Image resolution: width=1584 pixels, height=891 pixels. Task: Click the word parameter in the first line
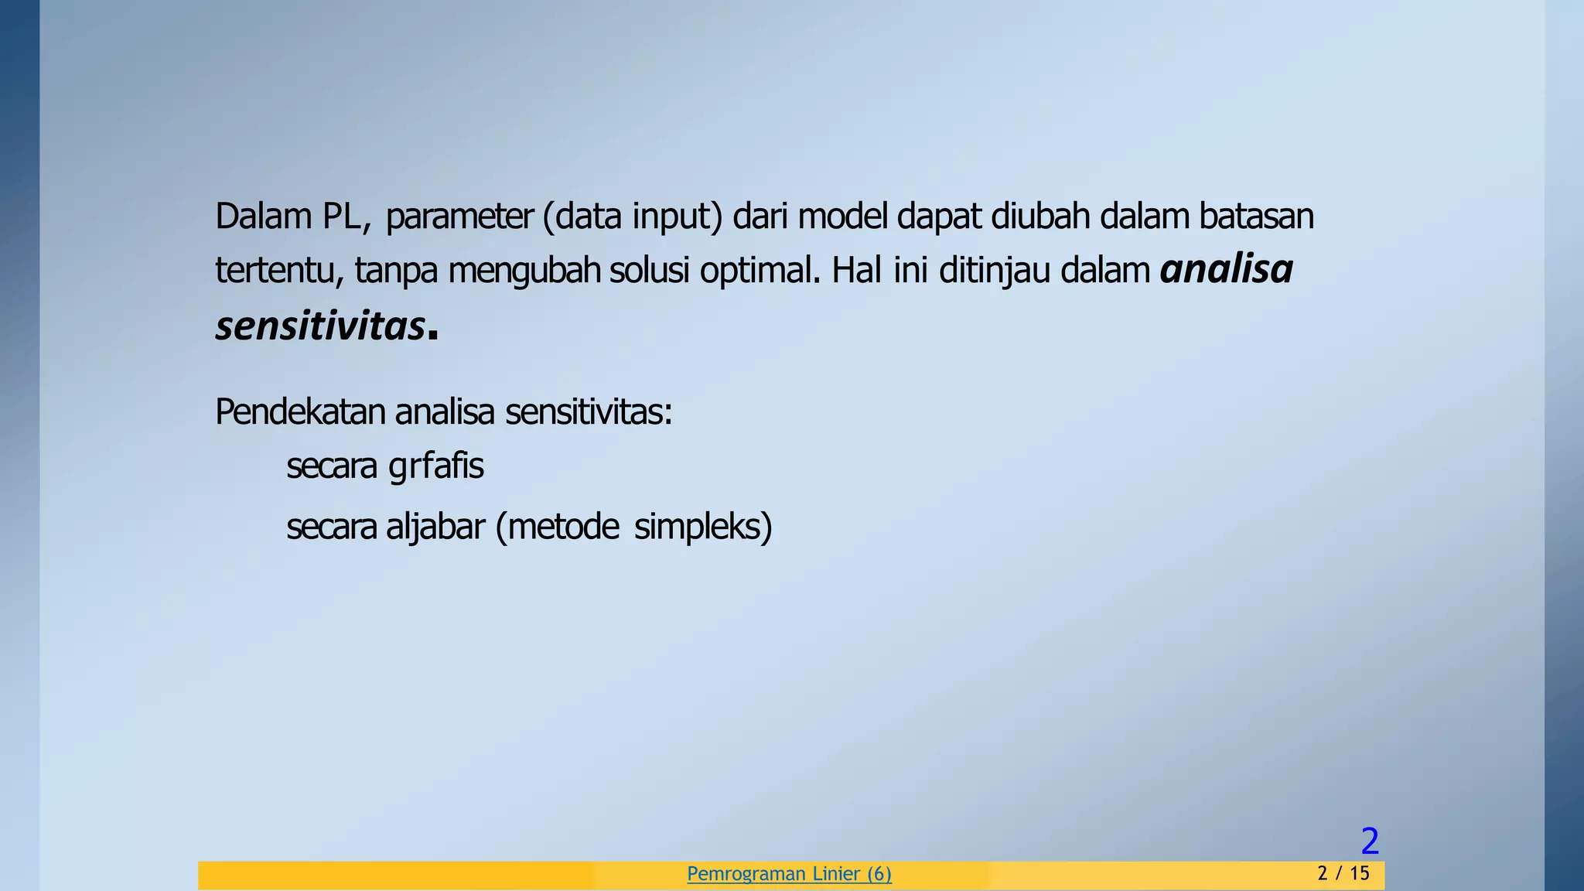[459, 217]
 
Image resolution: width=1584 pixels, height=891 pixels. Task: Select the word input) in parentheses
[677, 217]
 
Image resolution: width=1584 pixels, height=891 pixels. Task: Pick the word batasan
[1256, 217]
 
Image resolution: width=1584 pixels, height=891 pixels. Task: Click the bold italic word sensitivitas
[320, 326]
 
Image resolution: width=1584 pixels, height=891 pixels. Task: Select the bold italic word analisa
[1227, 270]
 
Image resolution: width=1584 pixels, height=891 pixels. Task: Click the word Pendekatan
[300, 412]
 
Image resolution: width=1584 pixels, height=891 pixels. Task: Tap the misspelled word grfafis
[436, 466]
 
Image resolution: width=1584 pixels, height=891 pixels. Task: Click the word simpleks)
[703, 527]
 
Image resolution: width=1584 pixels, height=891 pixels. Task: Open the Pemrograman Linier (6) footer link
[789, 874]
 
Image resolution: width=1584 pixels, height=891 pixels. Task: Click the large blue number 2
[1370, 841]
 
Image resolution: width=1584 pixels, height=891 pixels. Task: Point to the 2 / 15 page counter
[1343, 874]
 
